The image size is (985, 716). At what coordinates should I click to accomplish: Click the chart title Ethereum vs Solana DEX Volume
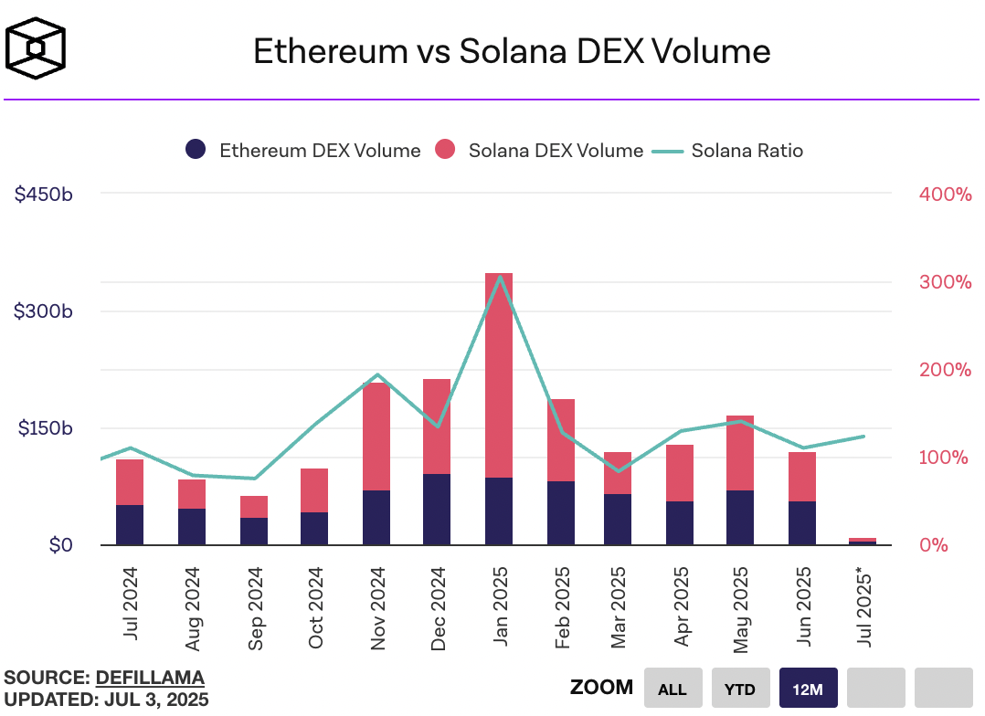coord(511,51)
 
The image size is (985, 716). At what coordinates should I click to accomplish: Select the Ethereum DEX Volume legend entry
coord(303,151)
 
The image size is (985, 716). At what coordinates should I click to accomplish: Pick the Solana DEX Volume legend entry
coord(539,151)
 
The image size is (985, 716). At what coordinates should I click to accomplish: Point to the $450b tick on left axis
coord(44,194)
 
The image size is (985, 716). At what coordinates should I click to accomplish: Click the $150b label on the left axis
coord(44,428)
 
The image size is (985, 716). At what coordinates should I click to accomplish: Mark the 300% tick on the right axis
coord(944,281)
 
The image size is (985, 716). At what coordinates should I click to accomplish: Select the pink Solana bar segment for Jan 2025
coord(499,374)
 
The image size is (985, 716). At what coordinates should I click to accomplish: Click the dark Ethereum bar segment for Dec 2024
coord(437,510)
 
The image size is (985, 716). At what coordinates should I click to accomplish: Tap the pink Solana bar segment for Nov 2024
coord(376,437)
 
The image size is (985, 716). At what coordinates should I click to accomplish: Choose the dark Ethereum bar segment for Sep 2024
coord(254,532)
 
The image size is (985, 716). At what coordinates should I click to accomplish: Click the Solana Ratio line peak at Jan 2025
coord(499,276)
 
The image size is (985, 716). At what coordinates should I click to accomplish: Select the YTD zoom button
coord(740,689)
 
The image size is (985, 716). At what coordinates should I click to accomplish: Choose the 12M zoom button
coord(808,689)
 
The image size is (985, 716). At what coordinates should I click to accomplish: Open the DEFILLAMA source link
coord(150,678)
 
